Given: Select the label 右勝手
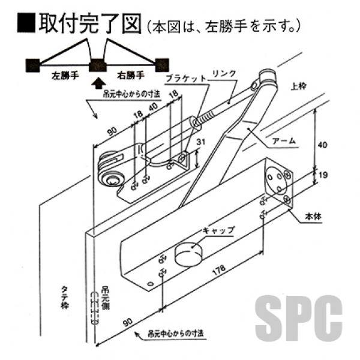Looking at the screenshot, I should pos(130,76).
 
